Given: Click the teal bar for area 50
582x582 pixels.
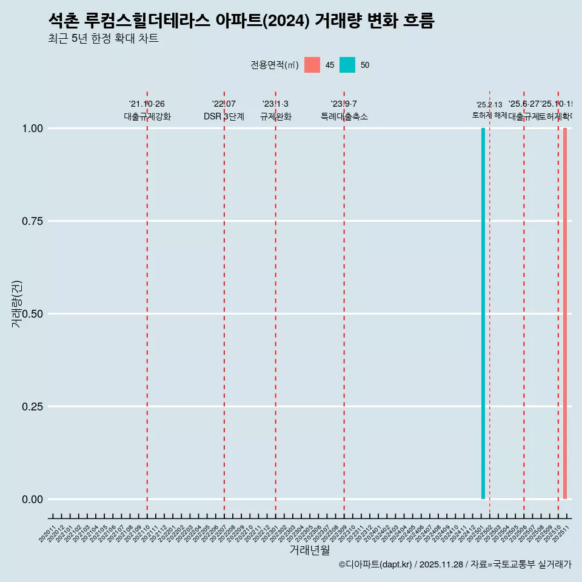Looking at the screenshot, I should pyautogui.click(x=483, y=313).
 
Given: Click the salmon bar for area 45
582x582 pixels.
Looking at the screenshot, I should pyautogui.click(x=565, y=313).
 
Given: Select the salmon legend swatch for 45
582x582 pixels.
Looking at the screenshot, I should pyautogui.click(x=312, y=65).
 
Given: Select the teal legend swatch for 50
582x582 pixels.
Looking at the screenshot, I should pyautogui.click(x=347, y=65).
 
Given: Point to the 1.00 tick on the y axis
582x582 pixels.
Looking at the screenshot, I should pyautogui.click(x=32, y=129).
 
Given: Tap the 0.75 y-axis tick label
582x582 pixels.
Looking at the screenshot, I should pyautogui.click(x=32, y=221).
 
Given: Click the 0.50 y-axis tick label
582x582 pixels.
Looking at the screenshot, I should pyautogui.click(x=32, y=314).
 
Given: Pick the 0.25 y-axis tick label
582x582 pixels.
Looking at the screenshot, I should pyautogui.click(x=32, y=407).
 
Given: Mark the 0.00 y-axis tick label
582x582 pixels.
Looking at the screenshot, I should pyautogui.click(x=32, y=500).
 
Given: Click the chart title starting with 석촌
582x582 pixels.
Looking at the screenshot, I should pyautogui.click(x=241, y=21).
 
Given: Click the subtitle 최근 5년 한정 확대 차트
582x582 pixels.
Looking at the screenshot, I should pyautogui.click(x=103, y=39).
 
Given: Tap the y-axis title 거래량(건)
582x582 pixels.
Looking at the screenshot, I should pyautogui.click(x=17, y=304).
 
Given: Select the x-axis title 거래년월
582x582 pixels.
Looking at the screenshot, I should pyautogui.click(x=310, y=550).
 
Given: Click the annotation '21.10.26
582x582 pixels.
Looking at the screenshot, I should pyautogui.click(x=147, y=104).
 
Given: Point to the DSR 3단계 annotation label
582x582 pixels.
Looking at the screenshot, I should pyautogui.click(x=224, y=116).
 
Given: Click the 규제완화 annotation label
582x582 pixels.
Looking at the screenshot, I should pyautogui.click(x=275, y=116).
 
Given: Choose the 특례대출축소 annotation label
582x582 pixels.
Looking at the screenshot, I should pyautogui.click(x=344, y=116).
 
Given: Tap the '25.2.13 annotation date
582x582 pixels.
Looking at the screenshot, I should pyautogui.click(x=489, y=105).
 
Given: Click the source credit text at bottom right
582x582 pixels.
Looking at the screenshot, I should pyautogui.click(x=455, y=564).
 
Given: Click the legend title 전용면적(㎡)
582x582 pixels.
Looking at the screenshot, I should pyautogui.click(x=274, y=65).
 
